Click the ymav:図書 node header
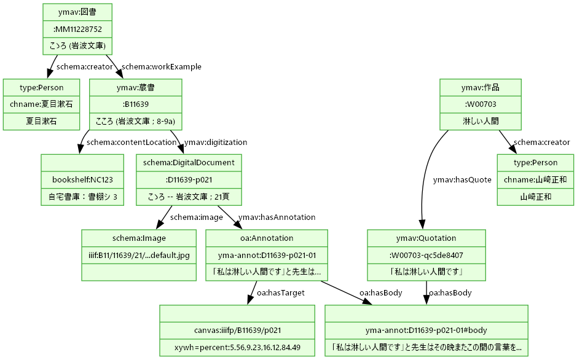coord(77,12)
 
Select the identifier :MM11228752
coord(77,29)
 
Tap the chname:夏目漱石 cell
coord(41,104)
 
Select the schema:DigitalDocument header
coord(189,163)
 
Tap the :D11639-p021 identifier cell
coord(189,180)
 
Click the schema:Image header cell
coord(139,238)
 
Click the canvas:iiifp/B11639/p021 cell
coord(237,331)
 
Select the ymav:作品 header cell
coord(481,88)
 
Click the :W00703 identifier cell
coord(481,104)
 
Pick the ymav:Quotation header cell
coord(426,238)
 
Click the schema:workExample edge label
coord(162,67)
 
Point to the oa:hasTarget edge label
coord(280,293)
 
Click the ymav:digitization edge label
coord(215,143)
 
